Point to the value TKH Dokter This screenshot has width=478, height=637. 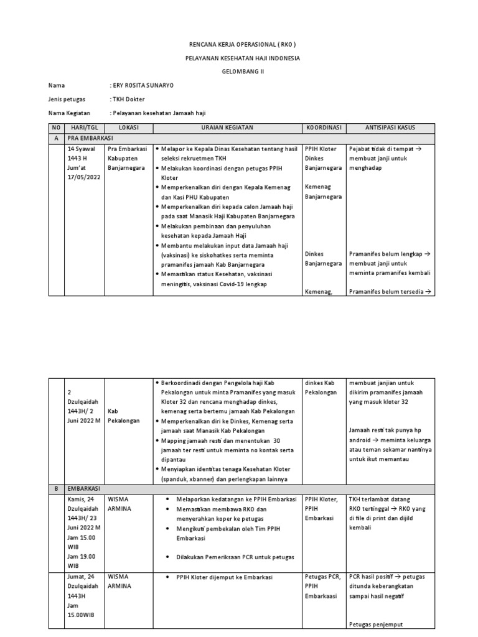(x=129, y=99)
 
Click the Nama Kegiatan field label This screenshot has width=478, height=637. (x=69, y=113)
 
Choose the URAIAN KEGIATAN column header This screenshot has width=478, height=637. (x=227, y=128)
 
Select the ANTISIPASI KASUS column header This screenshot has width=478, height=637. (x=390, y=128)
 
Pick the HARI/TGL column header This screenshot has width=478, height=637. (x=84, y=128)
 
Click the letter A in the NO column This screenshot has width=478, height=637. (x=57, y=139)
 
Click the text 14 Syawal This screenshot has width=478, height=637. (x=83, y=149)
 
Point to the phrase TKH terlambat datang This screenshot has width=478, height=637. (x=379, y=499)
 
